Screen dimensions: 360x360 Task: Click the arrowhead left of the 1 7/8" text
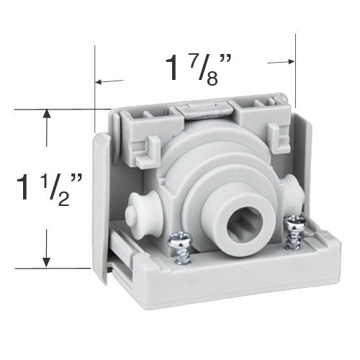click(x=100, y=82)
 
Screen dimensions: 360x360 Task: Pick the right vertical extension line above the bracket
click(x=294, y=72)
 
